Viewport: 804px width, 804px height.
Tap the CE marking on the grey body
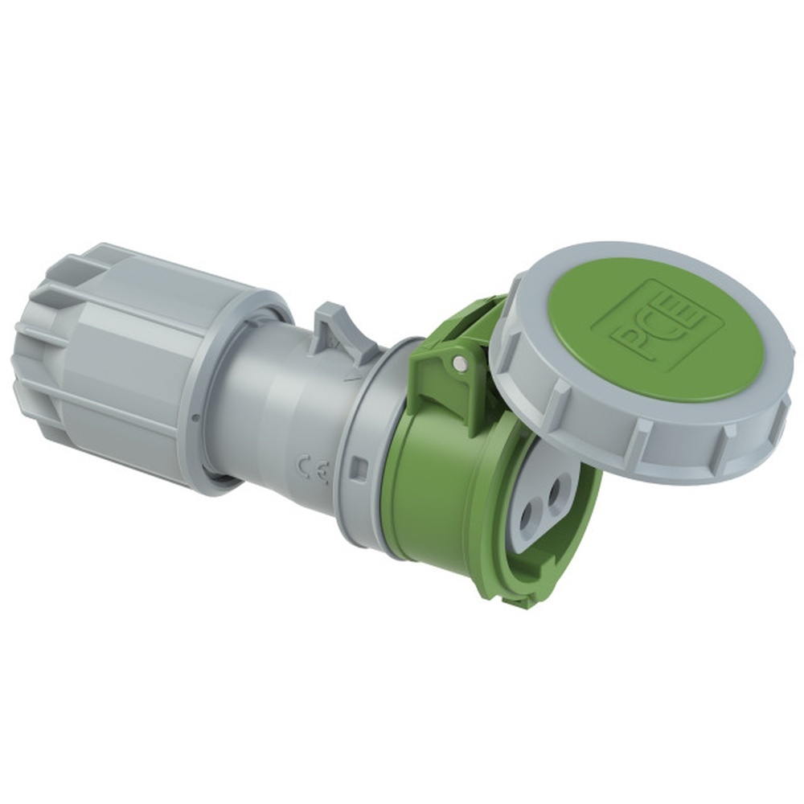coord(314,469)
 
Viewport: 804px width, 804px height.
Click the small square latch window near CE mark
coord(360,467)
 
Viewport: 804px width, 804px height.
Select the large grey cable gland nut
coord(121,362)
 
